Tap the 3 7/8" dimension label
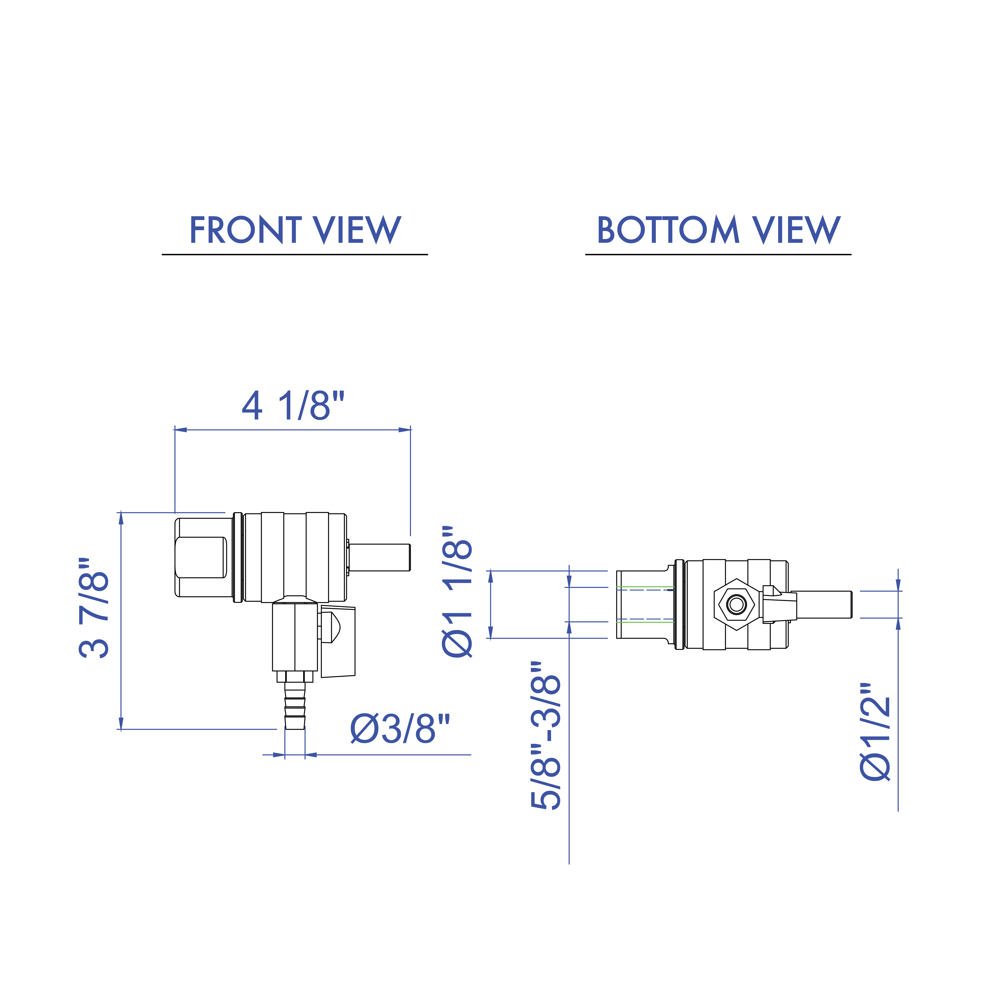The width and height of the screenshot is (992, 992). point(94,608)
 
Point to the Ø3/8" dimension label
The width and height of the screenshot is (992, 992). point(401,729)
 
